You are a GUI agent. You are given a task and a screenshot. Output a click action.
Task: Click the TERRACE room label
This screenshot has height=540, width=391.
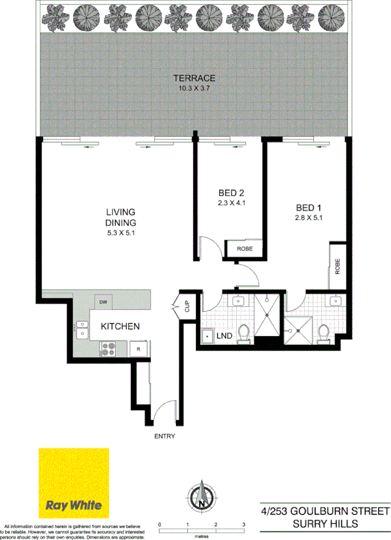pos(194,78)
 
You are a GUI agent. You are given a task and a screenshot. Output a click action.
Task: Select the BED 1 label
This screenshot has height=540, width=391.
pos(308,208)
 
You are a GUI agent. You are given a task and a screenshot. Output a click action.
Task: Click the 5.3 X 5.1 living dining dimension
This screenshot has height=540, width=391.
pos(121,232)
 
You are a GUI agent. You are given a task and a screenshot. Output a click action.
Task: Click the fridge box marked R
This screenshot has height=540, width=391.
pos(139,349)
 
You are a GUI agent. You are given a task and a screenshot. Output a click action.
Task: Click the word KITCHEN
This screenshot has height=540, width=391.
pos(120,326)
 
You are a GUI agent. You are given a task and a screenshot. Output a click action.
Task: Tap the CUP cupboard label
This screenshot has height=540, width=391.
pos(185,306)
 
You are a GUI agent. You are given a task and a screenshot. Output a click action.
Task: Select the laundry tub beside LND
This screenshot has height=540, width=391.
pos(208,336)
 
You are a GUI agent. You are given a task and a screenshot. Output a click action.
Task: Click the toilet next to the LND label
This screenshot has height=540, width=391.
pos(245,333)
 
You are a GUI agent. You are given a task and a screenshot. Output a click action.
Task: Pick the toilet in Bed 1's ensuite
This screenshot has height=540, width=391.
pos(323,334)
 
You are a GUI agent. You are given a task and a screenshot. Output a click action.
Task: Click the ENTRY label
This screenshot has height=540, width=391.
pos(165,436)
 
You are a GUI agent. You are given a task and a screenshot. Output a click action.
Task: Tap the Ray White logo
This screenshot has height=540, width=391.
pos(74,483)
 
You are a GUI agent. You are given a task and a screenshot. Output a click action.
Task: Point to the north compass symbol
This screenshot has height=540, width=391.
pos(201,495)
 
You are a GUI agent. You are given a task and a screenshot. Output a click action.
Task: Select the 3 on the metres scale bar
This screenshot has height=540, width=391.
pos(243,524)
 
